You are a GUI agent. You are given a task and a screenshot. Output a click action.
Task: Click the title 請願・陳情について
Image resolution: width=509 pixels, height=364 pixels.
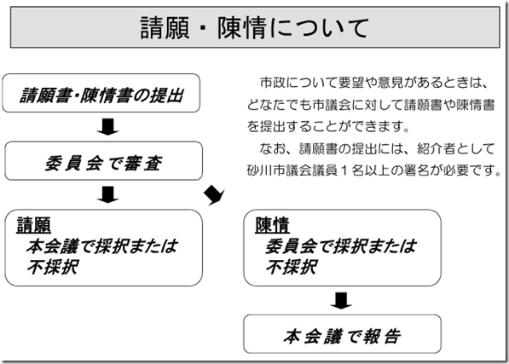[x=254, y=29]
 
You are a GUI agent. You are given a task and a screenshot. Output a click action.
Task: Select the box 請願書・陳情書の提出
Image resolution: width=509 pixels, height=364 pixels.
[x=105, y=95]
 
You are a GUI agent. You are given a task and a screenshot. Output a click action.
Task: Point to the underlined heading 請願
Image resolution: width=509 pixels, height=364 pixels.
[x=34, y=226]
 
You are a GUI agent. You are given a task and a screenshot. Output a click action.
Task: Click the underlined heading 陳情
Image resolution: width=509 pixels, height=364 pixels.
[x=272, y=226]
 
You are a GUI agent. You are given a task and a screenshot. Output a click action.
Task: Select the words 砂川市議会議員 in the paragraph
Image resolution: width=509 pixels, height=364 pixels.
[x=293, y=170]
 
